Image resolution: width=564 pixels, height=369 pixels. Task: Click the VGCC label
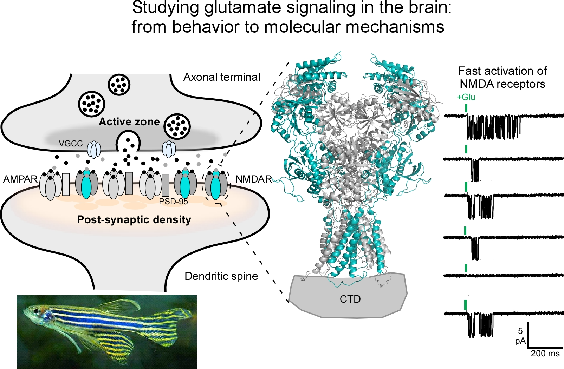71,144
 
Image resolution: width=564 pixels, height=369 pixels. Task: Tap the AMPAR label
20,179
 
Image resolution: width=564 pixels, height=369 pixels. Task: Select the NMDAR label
253,179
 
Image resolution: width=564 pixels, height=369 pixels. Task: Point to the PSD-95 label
173,202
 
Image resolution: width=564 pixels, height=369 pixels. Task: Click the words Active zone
129,122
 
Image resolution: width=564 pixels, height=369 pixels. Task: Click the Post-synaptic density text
134,220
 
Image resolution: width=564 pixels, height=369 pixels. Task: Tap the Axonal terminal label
222,77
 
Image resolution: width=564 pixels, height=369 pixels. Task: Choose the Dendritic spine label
221,276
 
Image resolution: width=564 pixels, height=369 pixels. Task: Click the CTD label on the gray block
350,299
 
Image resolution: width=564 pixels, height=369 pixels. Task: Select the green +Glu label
466,97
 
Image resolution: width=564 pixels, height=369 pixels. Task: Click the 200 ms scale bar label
545,354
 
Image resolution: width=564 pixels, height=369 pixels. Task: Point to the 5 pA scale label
520,336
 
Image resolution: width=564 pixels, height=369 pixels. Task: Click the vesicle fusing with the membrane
128,142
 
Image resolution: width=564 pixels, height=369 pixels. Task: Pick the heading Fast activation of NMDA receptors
503,77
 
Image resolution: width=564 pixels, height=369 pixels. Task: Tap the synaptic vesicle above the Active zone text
119,85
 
